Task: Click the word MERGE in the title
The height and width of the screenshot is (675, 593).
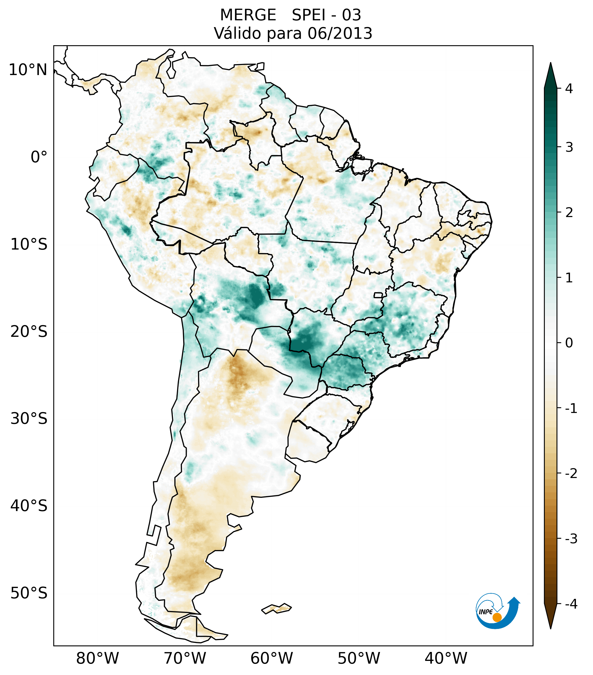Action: point(248,15)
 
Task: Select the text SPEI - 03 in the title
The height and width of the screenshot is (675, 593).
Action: point(326,15)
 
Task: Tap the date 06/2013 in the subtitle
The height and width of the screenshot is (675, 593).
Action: point(340,33)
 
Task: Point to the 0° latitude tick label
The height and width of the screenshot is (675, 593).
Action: point(39,157)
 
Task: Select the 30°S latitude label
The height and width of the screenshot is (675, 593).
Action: point(29,419)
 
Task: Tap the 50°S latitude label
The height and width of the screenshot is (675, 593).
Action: point(29,593)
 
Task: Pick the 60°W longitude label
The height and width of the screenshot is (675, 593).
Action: point(271,658)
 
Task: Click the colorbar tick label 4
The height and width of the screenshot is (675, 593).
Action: point(569,89)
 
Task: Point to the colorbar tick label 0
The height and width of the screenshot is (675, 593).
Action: point(569,343)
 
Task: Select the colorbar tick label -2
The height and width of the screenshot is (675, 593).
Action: point(571,474)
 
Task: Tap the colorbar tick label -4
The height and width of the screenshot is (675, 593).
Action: point(571,604)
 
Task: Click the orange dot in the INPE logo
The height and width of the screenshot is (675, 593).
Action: point(497,617)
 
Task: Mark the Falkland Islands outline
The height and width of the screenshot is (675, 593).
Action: point(276,608)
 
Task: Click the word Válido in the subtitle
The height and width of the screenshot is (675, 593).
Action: point(237,33)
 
